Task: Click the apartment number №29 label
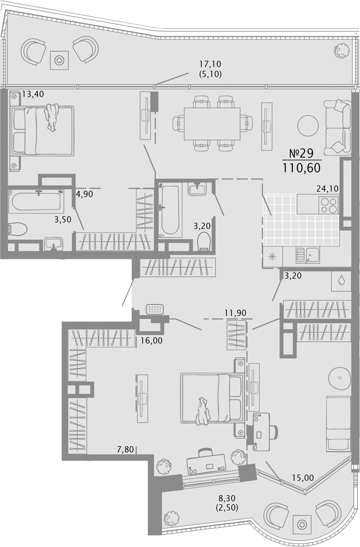point(302,153)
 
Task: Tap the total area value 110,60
point(302,168)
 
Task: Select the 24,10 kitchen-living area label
point(327,189)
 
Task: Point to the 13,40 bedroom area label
point(33,94)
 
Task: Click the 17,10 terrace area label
point(210,64)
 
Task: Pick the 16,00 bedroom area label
point(151,341)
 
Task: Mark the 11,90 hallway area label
point(235,312)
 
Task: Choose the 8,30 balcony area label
point(227,498)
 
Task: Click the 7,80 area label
point(125,449)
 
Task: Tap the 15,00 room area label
point(303,477)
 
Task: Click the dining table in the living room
point(212,124)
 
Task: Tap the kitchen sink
point(307,255)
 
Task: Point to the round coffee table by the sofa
point(308,126)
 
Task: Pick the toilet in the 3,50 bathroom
point(18,229)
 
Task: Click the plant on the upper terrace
point(341,51)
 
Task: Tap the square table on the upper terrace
point(59,60)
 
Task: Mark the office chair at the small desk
point(274,432)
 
